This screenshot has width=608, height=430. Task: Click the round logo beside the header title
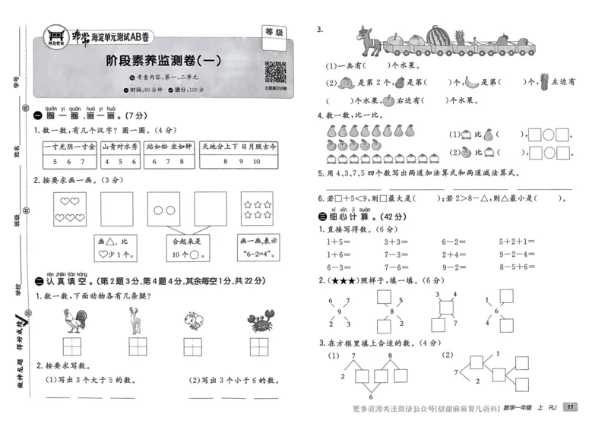[x=55, y=36]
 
